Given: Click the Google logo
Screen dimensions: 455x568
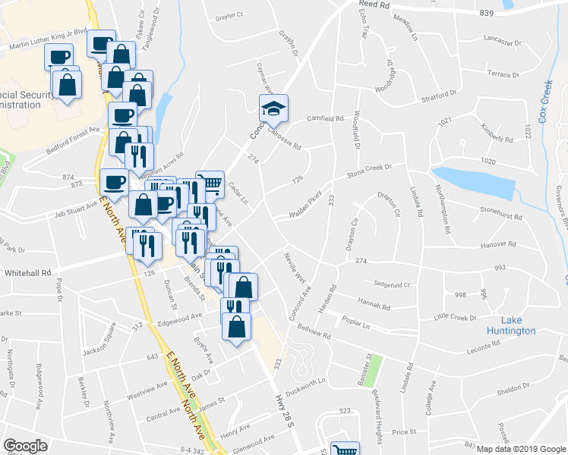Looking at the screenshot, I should click(25, 446).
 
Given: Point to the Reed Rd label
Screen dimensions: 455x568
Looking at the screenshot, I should click(374, 5).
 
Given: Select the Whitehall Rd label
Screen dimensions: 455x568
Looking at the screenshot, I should click(27, 271).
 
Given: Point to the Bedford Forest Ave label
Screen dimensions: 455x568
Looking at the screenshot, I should click(73, 135).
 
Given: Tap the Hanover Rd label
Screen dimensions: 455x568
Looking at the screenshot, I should click(499, 245).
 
